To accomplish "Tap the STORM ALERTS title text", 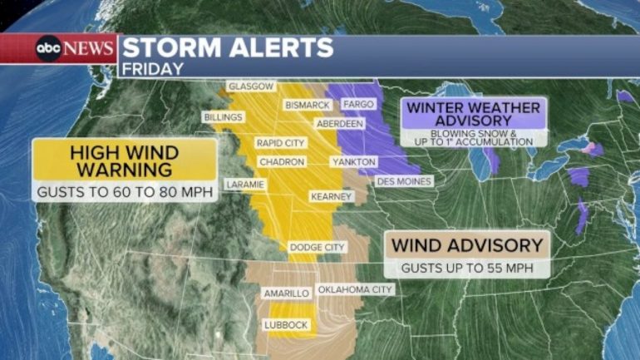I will pyautogui.click(x=228, y=47).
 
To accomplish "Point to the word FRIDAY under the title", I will pyautogui.click(x=152, y=68).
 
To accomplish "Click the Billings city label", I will pyautogui.click(x=223, y=117).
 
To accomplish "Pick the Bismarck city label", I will pyautogui.click(x=308, y=105).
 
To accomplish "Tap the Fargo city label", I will pyautogui.click(x=358, y=105).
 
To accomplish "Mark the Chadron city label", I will pyautogui.click(x=281, y=162).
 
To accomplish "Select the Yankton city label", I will pyautogui.click(x=353, y=162).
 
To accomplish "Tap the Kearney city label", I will pyautogui.click(x=327, y=197).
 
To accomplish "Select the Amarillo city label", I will pyautogui.click(x=286, y=293).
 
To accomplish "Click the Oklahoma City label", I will pyautogui.click(x=354, y=289).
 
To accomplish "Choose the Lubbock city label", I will pyautogui.click(x=285, y=324).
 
